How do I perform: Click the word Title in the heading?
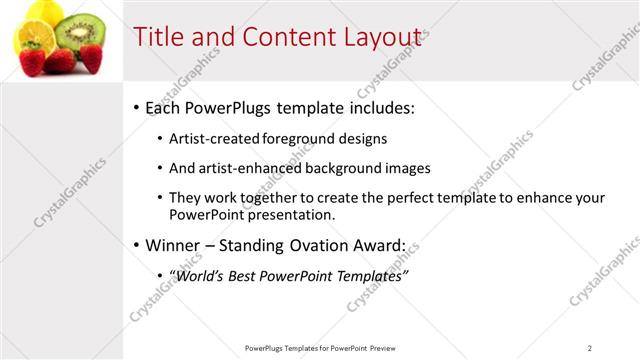tap(159, 37)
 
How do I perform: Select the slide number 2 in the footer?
tap(590, 348)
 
